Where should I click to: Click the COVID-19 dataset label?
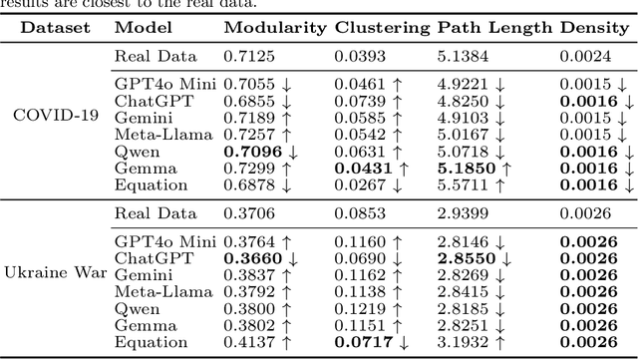tap(56, 114)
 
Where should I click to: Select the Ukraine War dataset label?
tap(56, 271)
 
